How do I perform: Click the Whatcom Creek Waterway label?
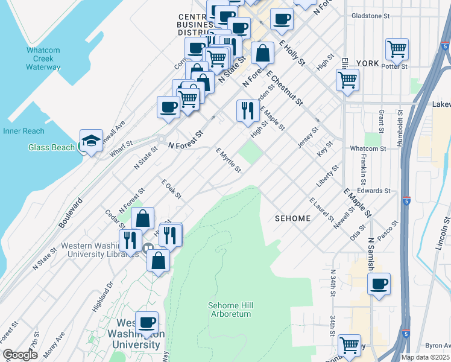coord(43,59)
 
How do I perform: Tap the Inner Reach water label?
coord(24,131)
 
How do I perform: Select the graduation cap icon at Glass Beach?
coord(90,141)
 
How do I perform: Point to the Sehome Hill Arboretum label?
coord(229,310)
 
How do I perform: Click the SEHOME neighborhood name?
coord(292,218)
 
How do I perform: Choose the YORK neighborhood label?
coord(367,63)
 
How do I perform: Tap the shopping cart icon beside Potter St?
coord(397,49)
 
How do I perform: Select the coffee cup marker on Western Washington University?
coord(147,322)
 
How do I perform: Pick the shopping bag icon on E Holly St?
coord(262,53)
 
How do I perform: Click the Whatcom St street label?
coord(368,148)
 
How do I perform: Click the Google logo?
coord(20,355)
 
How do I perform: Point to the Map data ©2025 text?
coord(424,357)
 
